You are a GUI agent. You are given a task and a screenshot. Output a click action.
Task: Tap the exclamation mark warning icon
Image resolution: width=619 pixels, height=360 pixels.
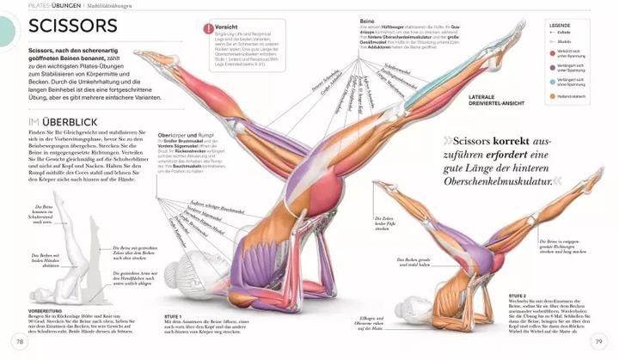pyautogui.click(x=208, y=28)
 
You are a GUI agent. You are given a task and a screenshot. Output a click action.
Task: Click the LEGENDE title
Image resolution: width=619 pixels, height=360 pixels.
pyautogui.click(x=560, y=25)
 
